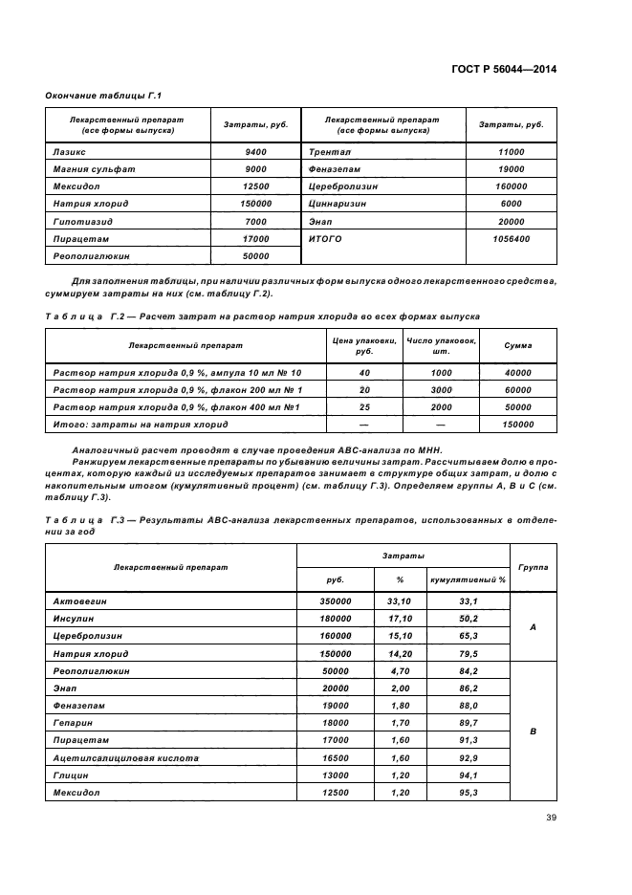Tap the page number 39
click(x=551, y=817)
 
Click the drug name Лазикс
click(x=69, y=152)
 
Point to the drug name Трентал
click(x=330, y=152)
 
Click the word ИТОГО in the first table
click(x=325, y=239)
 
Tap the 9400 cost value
click(x=255, y=152)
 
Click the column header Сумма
click(x=518, y=345)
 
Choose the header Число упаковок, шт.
click(x=441, y=345)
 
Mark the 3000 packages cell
click(x=441, y=390)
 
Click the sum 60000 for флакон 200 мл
click(x=518, y=390)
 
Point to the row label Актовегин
click(x=79, y=601)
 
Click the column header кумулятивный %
click(x=468, y=578)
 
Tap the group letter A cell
click(x=534, y=627)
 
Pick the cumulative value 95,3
click(x=468, y=793)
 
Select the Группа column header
click(x=534, y=566)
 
